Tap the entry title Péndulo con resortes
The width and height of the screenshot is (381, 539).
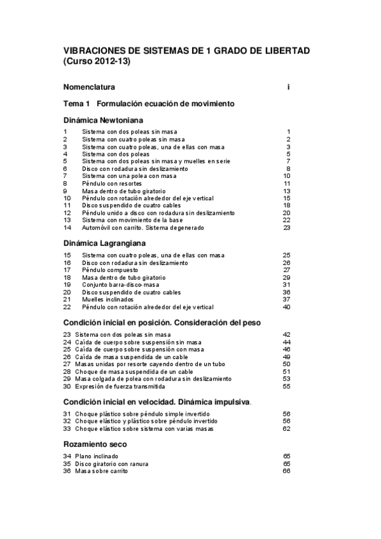[x=111, y=184]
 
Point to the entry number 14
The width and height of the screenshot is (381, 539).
[x=66, y=228]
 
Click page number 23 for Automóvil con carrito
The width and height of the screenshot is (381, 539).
[x=287, y=228]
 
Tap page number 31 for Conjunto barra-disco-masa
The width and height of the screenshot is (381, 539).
[x=286, y=285]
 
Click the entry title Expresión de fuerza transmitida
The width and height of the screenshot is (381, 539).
[x=111, y=386]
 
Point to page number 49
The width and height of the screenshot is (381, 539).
[x=286, y=357]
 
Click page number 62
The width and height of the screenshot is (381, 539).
[x=286, y=428]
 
